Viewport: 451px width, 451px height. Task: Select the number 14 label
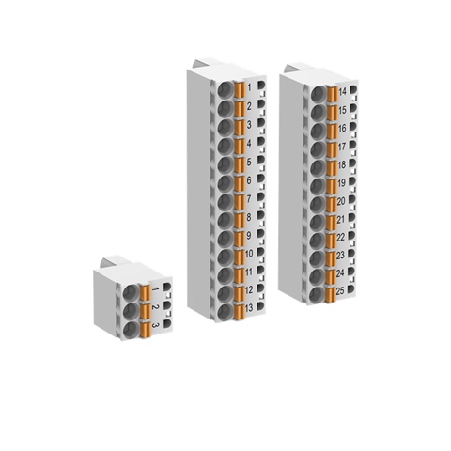point(342,92)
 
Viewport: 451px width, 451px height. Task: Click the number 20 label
point(342,200)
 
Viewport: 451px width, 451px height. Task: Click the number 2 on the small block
point(154,307)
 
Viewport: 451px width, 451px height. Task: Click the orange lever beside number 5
point(240,163)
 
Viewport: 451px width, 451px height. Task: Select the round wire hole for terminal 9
point(227,236)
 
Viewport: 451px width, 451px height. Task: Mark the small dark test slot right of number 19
point(353,182)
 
